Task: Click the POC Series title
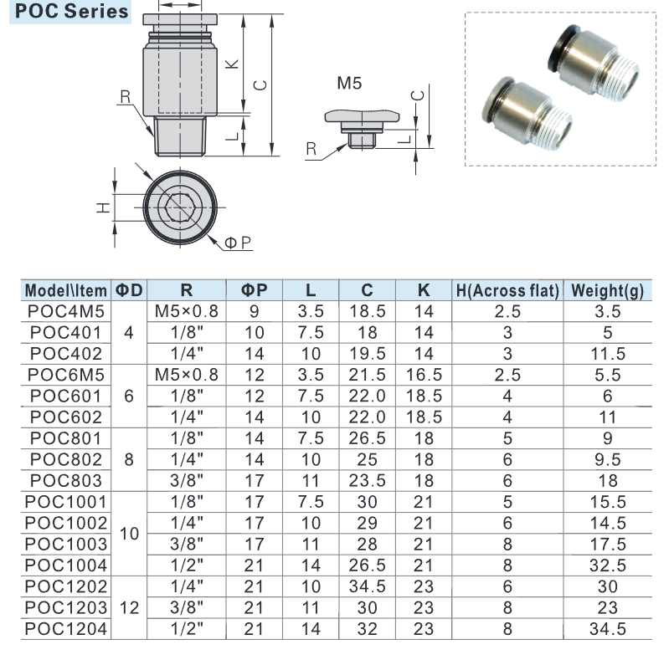point(71,11)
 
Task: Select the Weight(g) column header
point(607,290)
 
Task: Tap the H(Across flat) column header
point(507,290)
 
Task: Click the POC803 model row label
point(66,480)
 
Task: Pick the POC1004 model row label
point(65,565)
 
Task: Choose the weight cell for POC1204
point(608,629)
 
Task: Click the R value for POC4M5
point(187,311)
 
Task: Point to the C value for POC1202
point(367,586)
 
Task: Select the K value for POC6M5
point(424,375)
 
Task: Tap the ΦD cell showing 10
point(129,534)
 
